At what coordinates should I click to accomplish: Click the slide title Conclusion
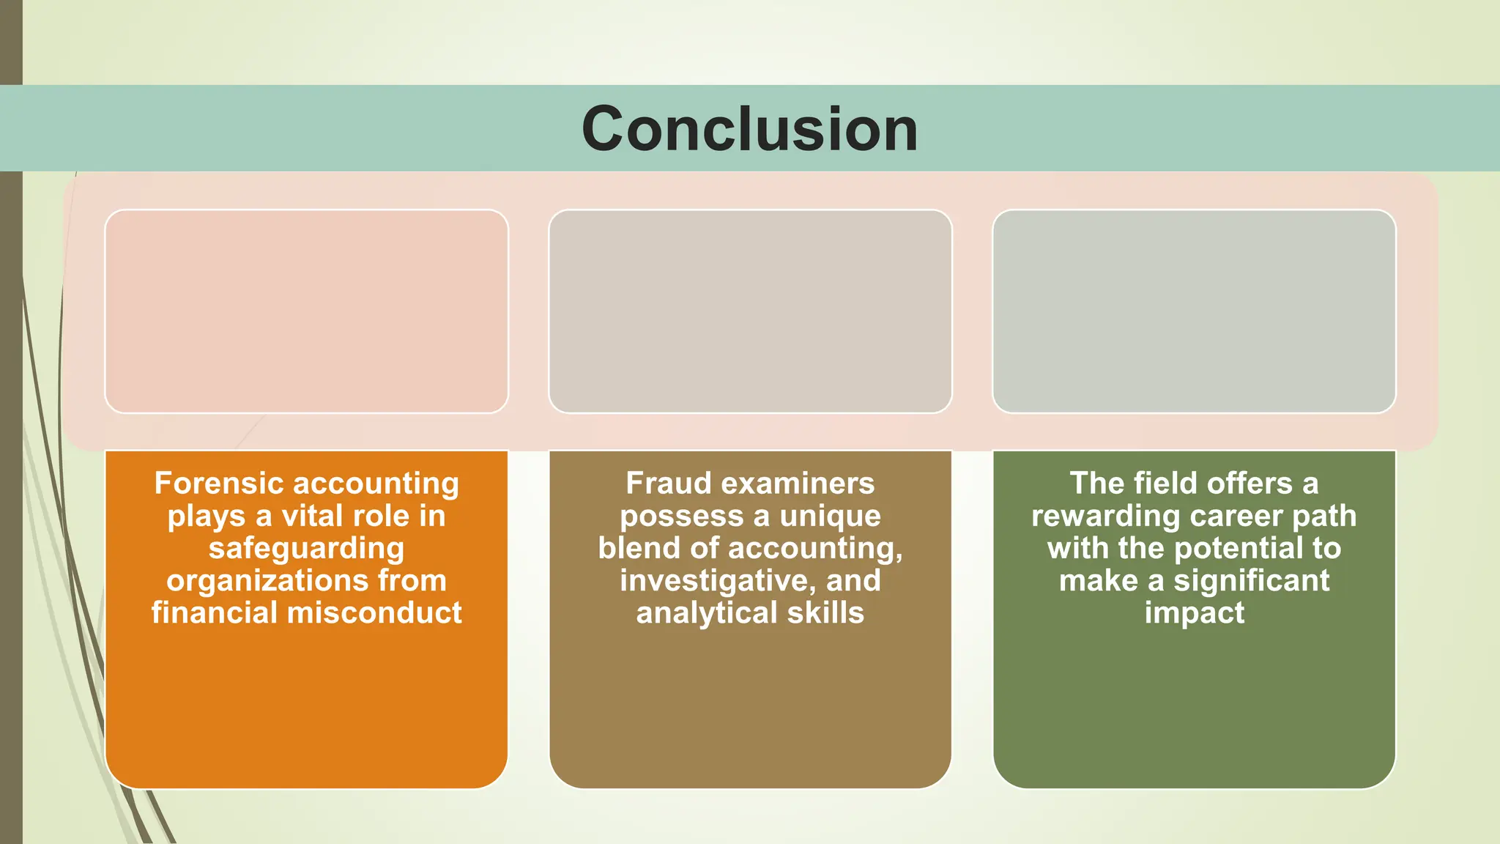[x=749, y=129]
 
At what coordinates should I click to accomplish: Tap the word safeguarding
[x=306, y=548]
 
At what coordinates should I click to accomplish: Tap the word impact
[x=1194, y=613]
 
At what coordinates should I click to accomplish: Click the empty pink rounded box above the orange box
[x=306, y=311]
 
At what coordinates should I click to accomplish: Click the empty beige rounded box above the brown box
[x=750, y=311]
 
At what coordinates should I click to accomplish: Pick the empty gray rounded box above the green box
[x=1194, y=311]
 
